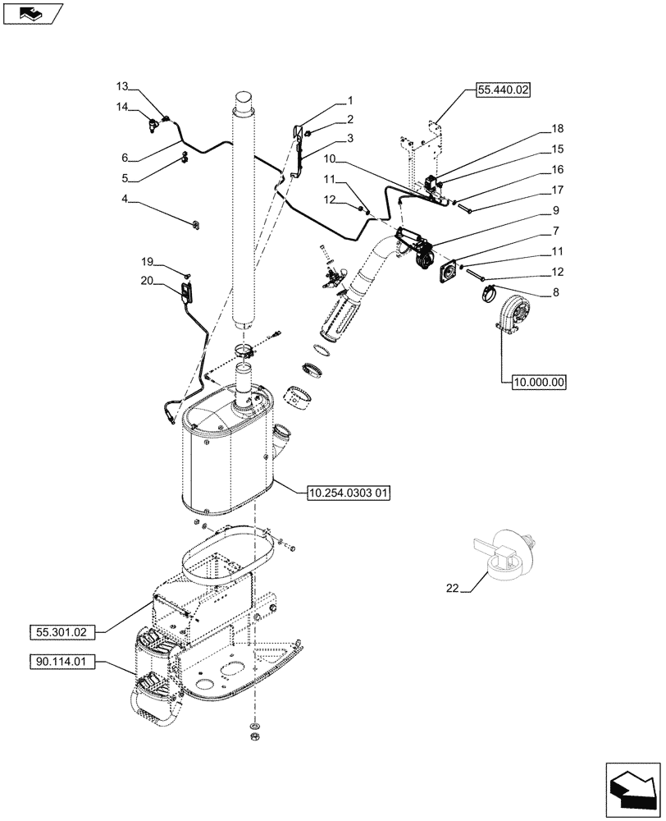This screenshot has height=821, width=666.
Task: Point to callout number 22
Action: coord(453,587)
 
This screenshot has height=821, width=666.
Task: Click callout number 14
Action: coord(122,107)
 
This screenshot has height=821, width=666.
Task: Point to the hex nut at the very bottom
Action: coord(255,736)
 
